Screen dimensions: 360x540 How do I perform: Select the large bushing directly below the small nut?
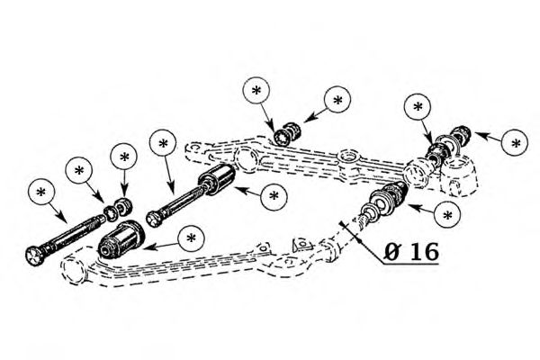[121, 240]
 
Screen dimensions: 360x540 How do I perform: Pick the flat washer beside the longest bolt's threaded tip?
[112, 211]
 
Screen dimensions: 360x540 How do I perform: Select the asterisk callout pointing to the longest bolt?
[41, 192]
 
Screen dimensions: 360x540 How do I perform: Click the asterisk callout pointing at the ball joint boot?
[448, 215]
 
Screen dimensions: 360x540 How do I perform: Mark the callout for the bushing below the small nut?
[190, 238]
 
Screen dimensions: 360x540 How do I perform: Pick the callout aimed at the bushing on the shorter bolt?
[274, 193]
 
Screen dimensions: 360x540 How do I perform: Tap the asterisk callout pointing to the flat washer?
[79, 169]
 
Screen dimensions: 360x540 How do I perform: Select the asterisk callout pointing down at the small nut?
[122, 155]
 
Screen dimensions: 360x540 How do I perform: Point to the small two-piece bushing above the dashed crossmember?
[287, 132]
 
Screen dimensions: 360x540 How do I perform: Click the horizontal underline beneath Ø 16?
[410, 265]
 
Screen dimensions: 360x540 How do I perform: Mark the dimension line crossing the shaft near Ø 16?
[350, 231]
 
